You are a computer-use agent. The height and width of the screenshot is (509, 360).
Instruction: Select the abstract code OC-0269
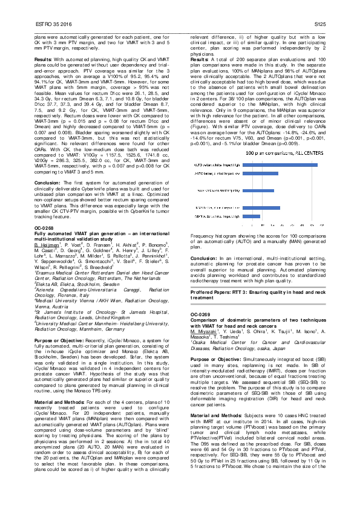tap(201, 314)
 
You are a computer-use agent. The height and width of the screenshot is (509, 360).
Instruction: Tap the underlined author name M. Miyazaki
tap(203, 331)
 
